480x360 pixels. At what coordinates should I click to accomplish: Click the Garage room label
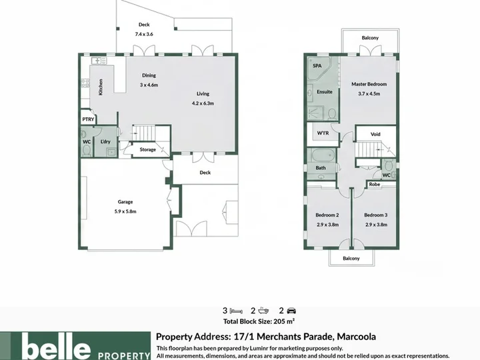(x=125, y=202)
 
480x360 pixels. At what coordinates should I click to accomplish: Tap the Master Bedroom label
(x=369, y=84)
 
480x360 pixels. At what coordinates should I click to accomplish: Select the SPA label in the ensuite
(x=317, y=66)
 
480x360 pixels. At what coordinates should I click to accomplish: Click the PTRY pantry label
(x=88, y=119)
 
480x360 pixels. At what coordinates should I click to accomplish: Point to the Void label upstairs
(x=375, y=134)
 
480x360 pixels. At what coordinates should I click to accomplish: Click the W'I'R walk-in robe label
(x=323, y=133)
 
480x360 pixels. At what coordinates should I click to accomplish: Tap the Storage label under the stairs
(x=147, y=149)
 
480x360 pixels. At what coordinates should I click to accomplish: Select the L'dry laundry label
(x=105, y=141)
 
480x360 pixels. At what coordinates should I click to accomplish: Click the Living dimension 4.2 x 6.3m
(x=203, y=103)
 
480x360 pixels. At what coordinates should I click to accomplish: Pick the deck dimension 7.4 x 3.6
(x=144, y=34)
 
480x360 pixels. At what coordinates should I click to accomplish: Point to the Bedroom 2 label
(x=327, y=215)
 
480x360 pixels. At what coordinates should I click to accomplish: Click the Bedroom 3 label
(x=375, y=215)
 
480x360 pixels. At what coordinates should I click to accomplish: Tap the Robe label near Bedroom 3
(x=375, y=184)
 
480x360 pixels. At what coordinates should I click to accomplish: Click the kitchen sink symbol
(x=99, y=61)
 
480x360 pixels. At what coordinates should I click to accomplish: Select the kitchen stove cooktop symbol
(x=85, y=83)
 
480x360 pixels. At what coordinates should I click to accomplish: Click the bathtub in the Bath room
(x=323, y=155)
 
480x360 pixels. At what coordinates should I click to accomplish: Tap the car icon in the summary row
(x=291, y=311)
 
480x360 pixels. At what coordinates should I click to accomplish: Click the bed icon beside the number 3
(x=236, y=311)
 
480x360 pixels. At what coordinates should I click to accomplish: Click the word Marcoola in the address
(x=356, y=337)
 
